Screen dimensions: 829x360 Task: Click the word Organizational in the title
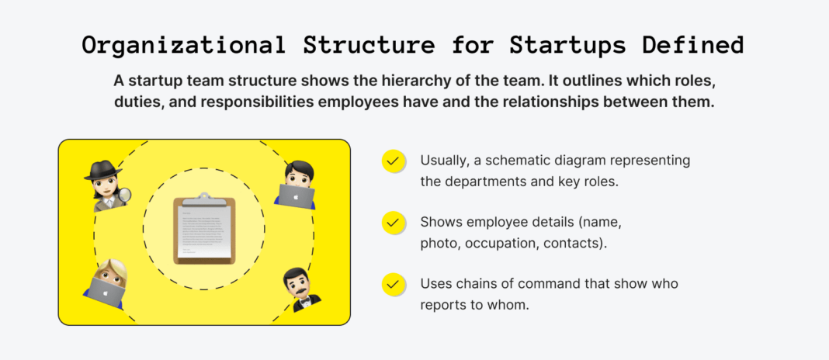(x=183, y=46)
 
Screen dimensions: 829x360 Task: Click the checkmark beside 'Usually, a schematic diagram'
(x=393, y=161)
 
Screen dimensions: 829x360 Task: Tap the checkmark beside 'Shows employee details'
(x=393, y=223)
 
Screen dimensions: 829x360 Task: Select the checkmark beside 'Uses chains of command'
(x=393, y=285)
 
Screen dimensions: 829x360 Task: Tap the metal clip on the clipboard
(x=204, y=199)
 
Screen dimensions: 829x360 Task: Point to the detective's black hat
(x=102, y=171)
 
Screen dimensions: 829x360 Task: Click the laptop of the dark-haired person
(x=296, y=196)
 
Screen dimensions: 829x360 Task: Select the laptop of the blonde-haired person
(x=105, y=290)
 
